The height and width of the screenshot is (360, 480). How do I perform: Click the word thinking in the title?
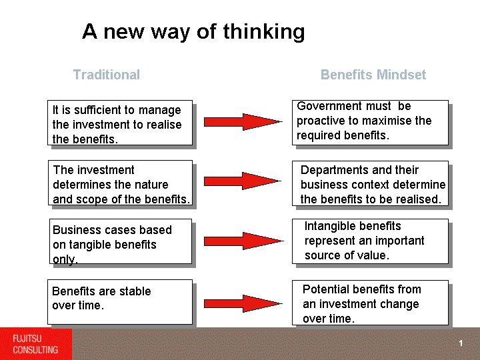pyautogui.click(x=264, y=32)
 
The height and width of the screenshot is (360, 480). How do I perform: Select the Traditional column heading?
pyautogui.click(x=107, y=75)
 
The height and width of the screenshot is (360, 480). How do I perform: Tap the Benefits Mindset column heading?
pyautogui.click(x=373, y=75)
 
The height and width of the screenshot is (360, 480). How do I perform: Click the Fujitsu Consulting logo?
pyautogui.click(x=36, y=344)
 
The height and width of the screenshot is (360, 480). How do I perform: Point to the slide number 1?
pyautogui.click(x=461, y=343)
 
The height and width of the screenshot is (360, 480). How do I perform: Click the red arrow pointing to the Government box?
pyautogui.click(x=243, y=122)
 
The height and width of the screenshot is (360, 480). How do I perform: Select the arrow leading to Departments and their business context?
pyautogui.click(x=243, y=181)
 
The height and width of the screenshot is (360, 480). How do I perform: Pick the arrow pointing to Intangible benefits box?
pyautogui.click(x=244, y=241)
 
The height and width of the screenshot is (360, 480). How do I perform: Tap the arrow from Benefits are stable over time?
pyautogui.click(x=243, y=304)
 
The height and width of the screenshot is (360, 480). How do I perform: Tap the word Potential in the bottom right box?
pyautogui.click(x=326, y=289)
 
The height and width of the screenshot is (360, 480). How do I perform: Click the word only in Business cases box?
pyautogui.click(x=65, y=259)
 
